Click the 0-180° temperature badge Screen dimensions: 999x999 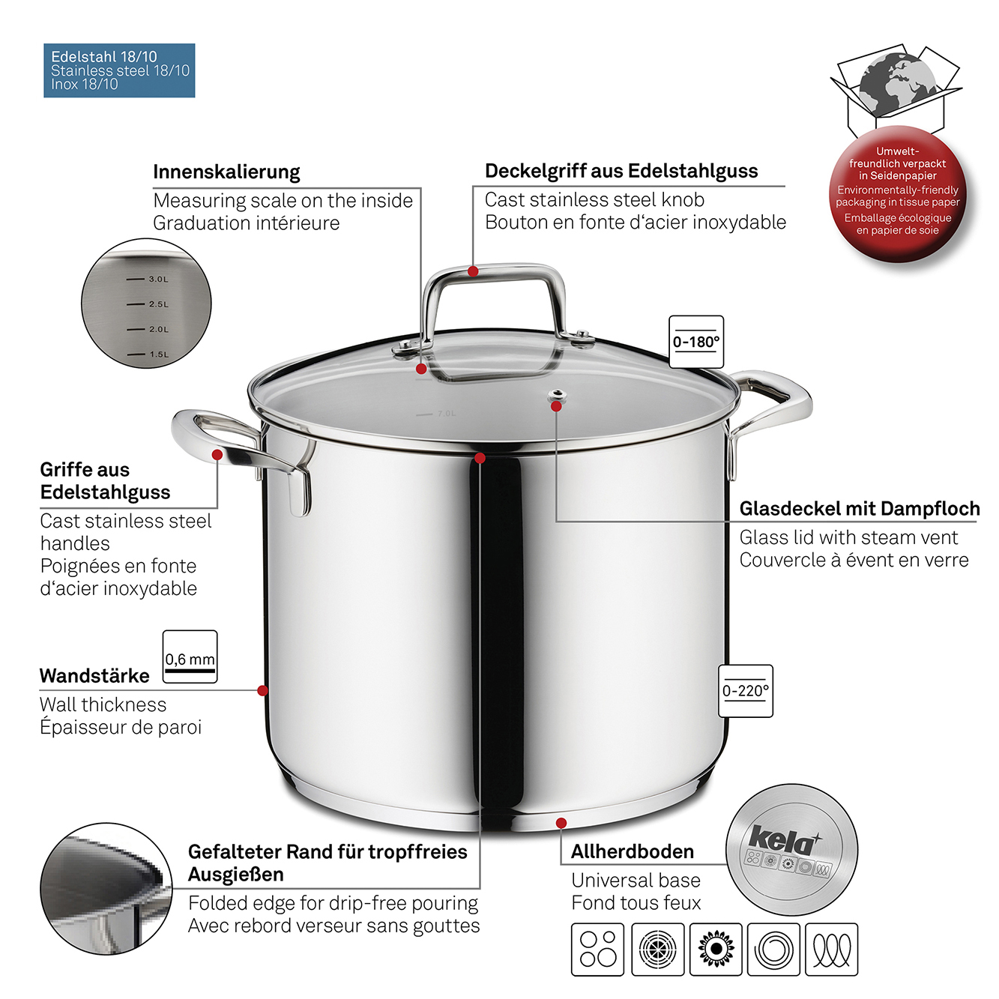tap(695, 342)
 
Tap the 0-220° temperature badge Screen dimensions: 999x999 tap(745, 690)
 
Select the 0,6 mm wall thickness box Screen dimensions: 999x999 tap(190, 657)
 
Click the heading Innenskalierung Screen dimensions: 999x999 tap(226, 172)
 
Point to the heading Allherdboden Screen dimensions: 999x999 tap(633, 851)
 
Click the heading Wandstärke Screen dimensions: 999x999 tap(94, 675)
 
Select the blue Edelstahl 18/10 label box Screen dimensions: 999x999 tap(119, 70)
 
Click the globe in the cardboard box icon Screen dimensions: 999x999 tap(897, 85)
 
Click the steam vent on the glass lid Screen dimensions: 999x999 tap(556, 397)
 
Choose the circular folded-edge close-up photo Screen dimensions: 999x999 tap(106, 889)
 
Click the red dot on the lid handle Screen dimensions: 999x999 tap(473, 271)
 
